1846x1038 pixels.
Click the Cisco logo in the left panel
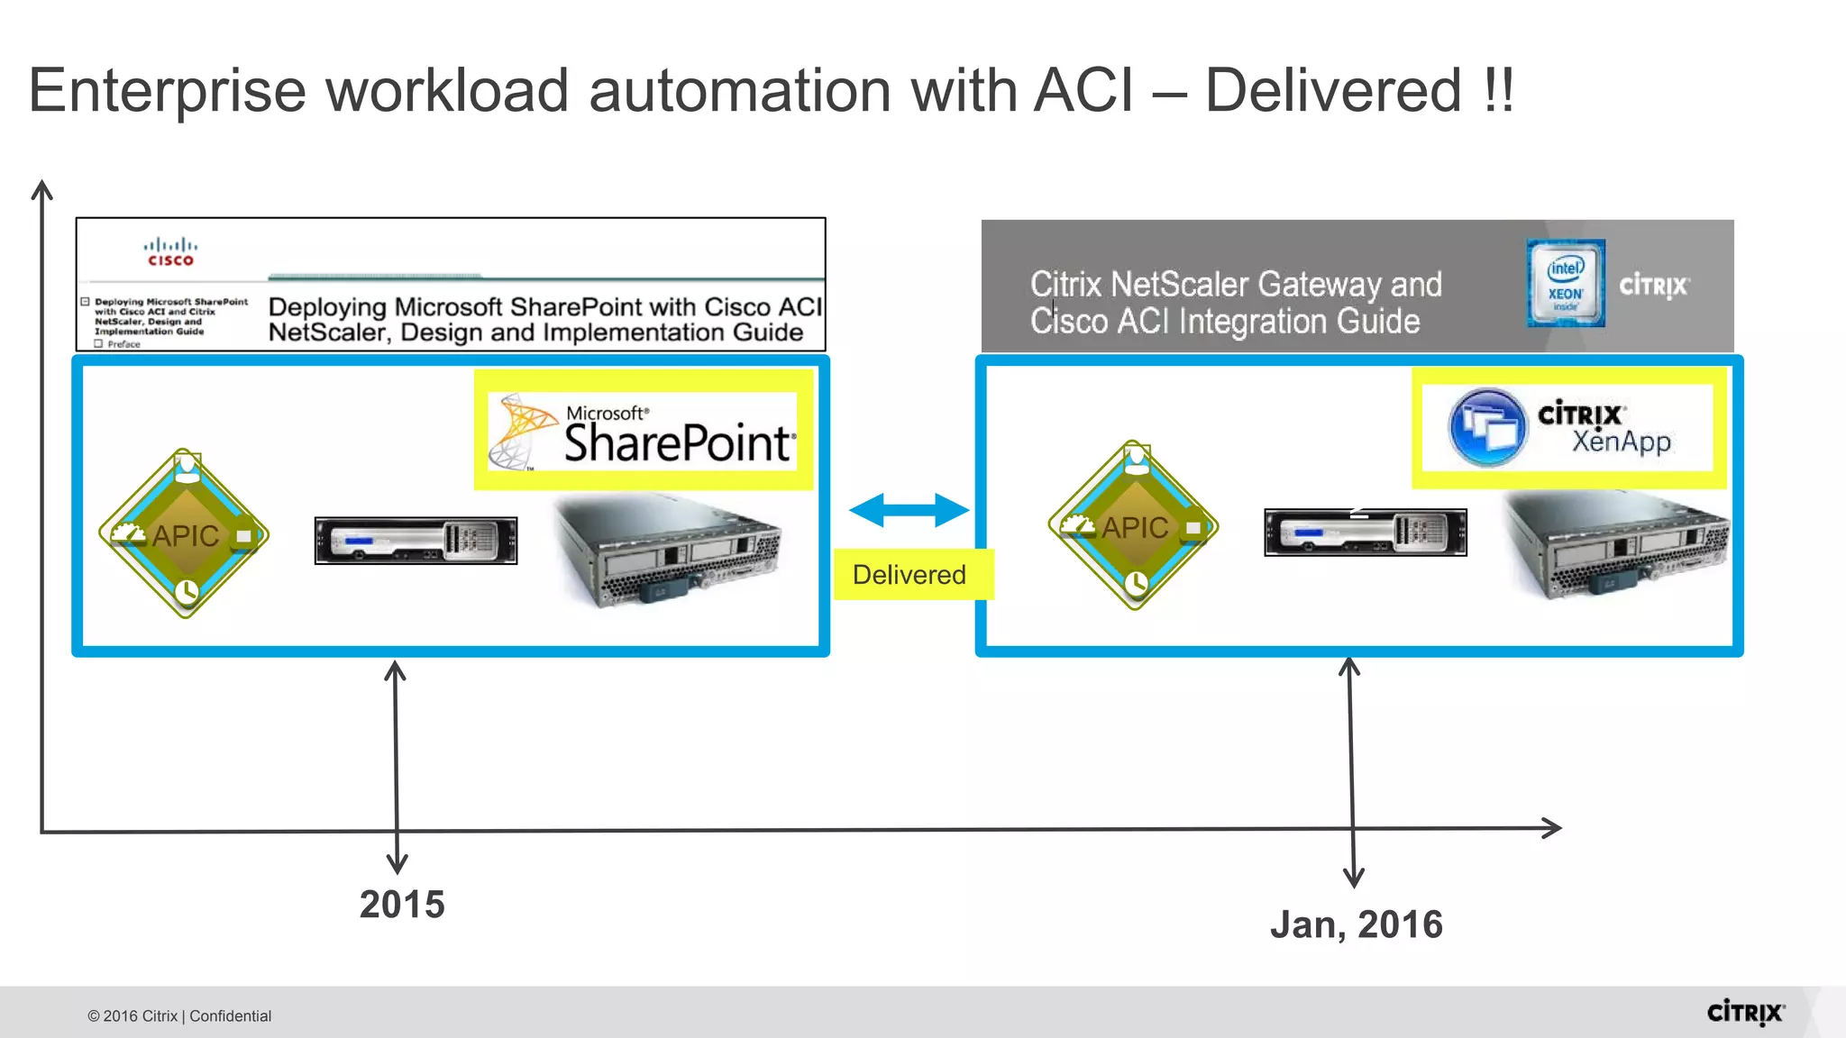pos(170,252)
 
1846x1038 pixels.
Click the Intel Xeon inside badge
pos(1566,283)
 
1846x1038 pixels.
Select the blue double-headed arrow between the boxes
pos(909,510)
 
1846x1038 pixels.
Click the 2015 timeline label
pos(402,905)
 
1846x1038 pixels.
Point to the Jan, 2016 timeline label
pos(1357,924)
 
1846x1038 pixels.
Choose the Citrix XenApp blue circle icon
pos(1486,427)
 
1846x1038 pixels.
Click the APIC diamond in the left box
pos(185,534)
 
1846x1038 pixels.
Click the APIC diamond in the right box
pos(1134,526)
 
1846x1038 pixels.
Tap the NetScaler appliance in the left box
pos(416,541)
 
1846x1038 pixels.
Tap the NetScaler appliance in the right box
pos(1365,533)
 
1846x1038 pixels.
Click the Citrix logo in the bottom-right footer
pos(1745,1013)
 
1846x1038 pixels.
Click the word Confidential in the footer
pos(230,1016)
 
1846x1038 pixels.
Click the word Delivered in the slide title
pos(1332,91)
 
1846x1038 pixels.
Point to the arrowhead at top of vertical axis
pos(41,188)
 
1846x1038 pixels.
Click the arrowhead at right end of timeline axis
pos(1552,828)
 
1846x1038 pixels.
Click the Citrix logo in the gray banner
pos(1653,287)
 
